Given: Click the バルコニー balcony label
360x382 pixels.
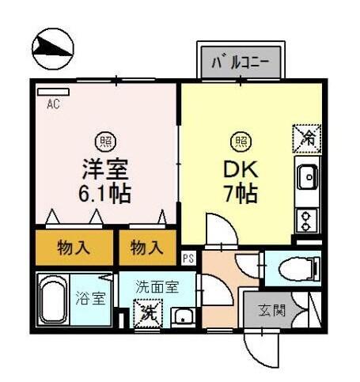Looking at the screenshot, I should (241, 61).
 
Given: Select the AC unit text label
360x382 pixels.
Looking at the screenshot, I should (53, 104).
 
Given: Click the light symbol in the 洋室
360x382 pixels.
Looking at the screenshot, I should (104, 142).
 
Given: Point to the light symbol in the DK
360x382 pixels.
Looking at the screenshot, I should (239, 142).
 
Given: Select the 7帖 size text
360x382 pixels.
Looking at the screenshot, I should (239, 191).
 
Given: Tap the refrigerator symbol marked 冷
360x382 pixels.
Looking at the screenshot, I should (306, 138).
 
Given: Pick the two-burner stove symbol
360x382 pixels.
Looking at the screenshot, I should (306, 217).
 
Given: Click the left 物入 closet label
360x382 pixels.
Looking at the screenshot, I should (74, 248).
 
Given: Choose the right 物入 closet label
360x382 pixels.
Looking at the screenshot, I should (146, 248).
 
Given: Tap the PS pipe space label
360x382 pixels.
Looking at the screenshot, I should (188, 259).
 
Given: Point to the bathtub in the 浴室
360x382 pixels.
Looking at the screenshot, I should (53, 299).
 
